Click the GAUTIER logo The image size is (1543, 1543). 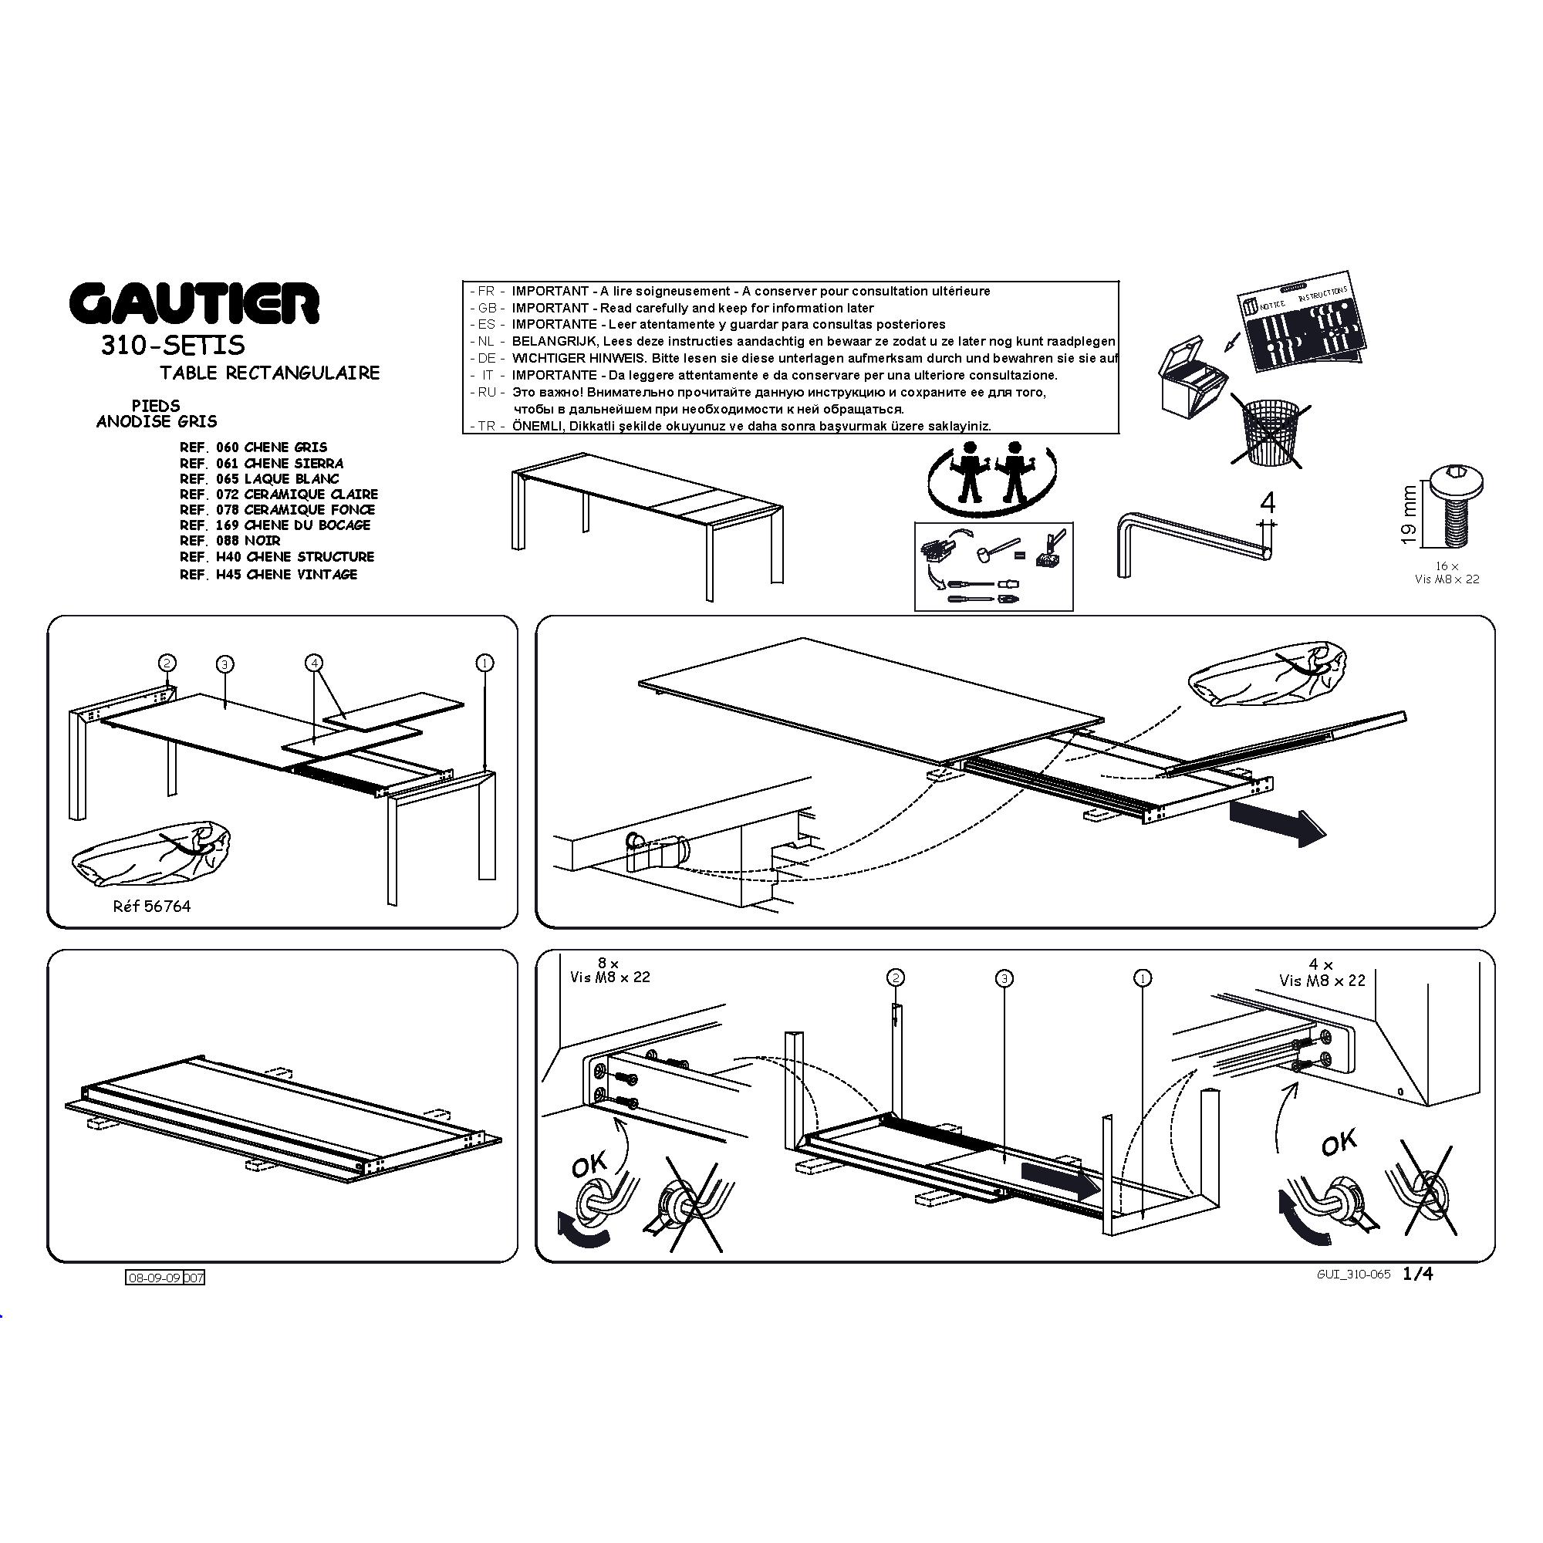pos(194,303)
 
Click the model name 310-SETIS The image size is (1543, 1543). pos(173,345)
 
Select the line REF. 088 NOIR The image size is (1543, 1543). pos(230,541)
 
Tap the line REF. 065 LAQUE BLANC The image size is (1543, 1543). pos(259,478)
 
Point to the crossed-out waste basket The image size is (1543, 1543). pos(1268,432)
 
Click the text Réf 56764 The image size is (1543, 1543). pos(152,907)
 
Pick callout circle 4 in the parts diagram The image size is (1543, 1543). pos(315,663)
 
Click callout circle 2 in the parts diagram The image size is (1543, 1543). pos(167,663)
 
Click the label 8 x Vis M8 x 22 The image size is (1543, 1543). pos(610,971)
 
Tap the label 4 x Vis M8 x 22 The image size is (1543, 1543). pos(1322,973)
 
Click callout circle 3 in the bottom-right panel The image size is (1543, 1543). pos(1004,978)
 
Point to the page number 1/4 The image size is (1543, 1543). pos(1417,1274)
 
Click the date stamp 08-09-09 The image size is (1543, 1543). pos(154,1278)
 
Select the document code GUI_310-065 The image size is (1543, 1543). pos(1354,1275)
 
